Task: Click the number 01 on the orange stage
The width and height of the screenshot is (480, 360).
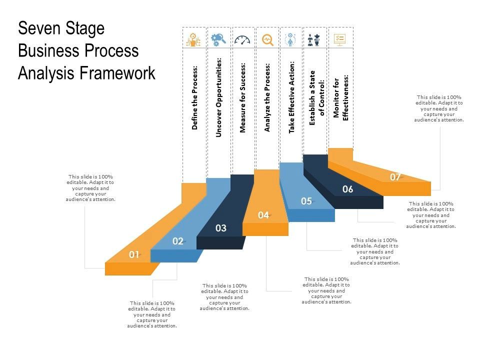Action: click(134, 254)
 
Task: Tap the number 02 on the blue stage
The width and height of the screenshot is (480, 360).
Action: click(178, 241)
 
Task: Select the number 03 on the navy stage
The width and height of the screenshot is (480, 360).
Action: click(221, 228)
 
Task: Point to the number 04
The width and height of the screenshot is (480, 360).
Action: click(263, 215)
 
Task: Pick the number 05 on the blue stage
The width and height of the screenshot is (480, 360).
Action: click(306, 201)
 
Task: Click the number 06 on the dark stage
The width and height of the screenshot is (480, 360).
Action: click(348, 189)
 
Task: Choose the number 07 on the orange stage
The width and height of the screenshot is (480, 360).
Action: click(395, 177)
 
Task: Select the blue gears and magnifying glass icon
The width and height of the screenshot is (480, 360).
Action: click(218, 39)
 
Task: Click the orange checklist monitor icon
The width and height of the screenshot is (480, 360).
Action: click(340, 39)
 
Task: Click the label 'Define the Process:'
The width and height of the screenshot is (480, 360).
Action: click(195, 97)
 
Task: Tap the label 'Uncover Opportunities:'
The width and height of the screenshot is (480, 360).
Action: click(219, 96)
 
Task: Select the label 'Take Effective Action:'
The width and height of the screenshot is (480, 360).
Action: click(292, 97)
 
